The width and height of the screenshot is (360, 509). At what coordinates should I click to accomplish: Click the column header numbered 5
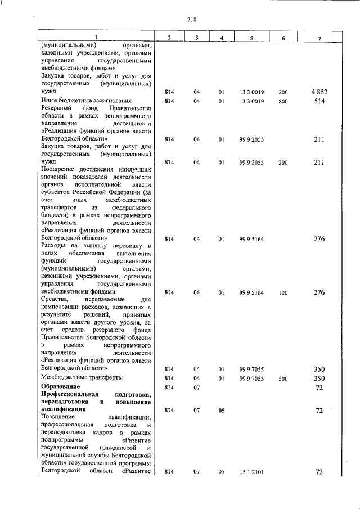click(251, 38)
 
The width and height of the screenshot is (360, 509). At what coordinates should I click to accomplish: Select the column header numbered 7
click(319, 38)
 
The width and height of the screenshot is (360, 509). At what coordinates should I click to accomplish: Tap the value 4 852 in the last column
click(318, 92)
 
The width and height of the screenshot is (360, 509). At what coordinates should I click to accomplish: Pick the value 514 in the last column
click(319, 101)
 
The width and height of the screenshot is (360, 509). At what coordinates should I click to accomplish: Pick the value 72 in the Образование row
click(319, 388)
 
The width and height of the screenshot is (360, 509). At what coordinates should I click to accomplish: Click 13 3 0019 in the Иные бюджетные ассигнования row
click(251, 101)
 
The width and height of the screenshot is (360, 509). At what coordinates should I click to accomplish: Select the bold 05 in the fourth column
click(222, 411)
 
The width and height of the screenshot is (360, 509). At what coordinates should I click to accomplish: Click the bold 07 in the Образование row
click(197, 388)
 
